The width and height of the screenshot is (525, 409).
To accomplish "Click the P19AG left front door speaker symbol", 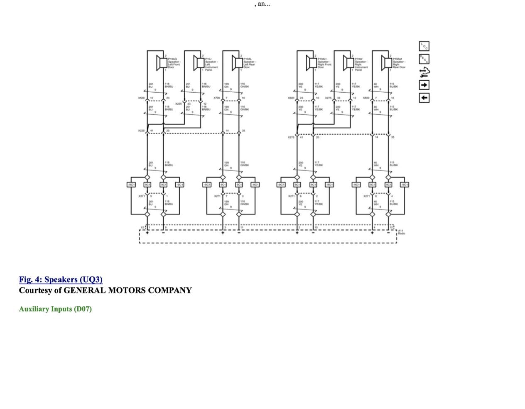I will pos(160,62).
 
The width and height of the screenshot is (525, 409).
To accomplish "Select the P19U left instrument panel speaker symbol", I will pos(198,62).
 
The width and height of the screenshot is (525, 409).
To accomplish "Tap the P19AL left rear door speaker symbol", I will pos(236,62).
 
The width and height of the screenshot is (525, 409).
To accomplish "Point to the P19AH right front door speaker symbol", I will pos(310,62).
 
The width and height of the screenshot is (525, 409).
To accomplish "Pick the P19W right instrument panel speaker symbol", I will pos(347,62).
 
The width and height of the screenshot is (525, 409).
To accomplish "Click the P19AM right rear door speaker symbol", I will pos(385,62).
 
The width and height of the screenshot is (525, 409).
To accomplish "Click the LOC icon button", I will pos(424,46).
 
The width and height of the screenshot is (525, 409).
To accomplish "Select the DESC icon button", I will pos(424,59).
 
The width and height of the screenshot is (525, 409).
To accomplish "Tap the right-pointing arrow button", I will pos(424,85).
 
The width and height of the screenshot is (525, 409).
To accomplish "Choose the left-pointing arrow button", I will pos(424,98).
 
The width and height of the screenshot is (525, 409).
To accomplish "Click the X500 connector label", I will pos(141,98).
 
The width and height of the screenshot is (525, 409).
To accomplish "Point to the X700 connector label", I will pos(216,98).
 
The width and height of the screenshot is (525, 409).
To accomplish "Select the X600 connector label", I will pos(291,98).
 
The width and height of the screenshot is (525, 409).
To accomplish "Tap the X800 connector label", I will pos(366,98).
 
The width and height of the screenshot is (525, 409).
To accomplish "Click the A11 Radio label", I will pos(401,232).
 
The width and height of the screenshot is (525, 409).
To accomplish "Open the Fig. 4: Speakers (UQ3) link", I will pos(61,279).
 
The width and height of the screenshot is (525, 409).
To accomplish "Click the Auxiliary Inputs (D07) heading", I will pos(55,309).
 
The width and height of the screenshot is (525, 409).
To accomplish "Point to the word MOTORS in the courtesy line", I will pos(127,290).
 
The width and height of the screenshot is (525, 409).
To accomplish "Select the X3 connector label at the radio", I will pos(142,227).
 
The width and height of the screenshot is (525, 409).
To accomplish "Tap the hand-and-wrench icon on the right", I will pos(424,72).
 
